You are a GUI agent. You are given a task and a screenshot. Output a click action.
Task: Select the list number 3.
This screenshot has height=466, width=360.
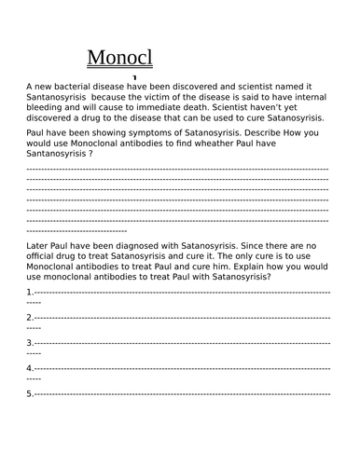point(30,342)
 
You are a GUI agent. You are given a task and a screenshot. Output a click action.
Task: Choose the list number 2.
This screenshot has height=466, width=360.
point(30,317)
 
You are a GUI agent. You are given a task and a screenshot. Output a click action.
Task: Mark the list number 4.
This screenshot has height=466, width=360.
point(30,367)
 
